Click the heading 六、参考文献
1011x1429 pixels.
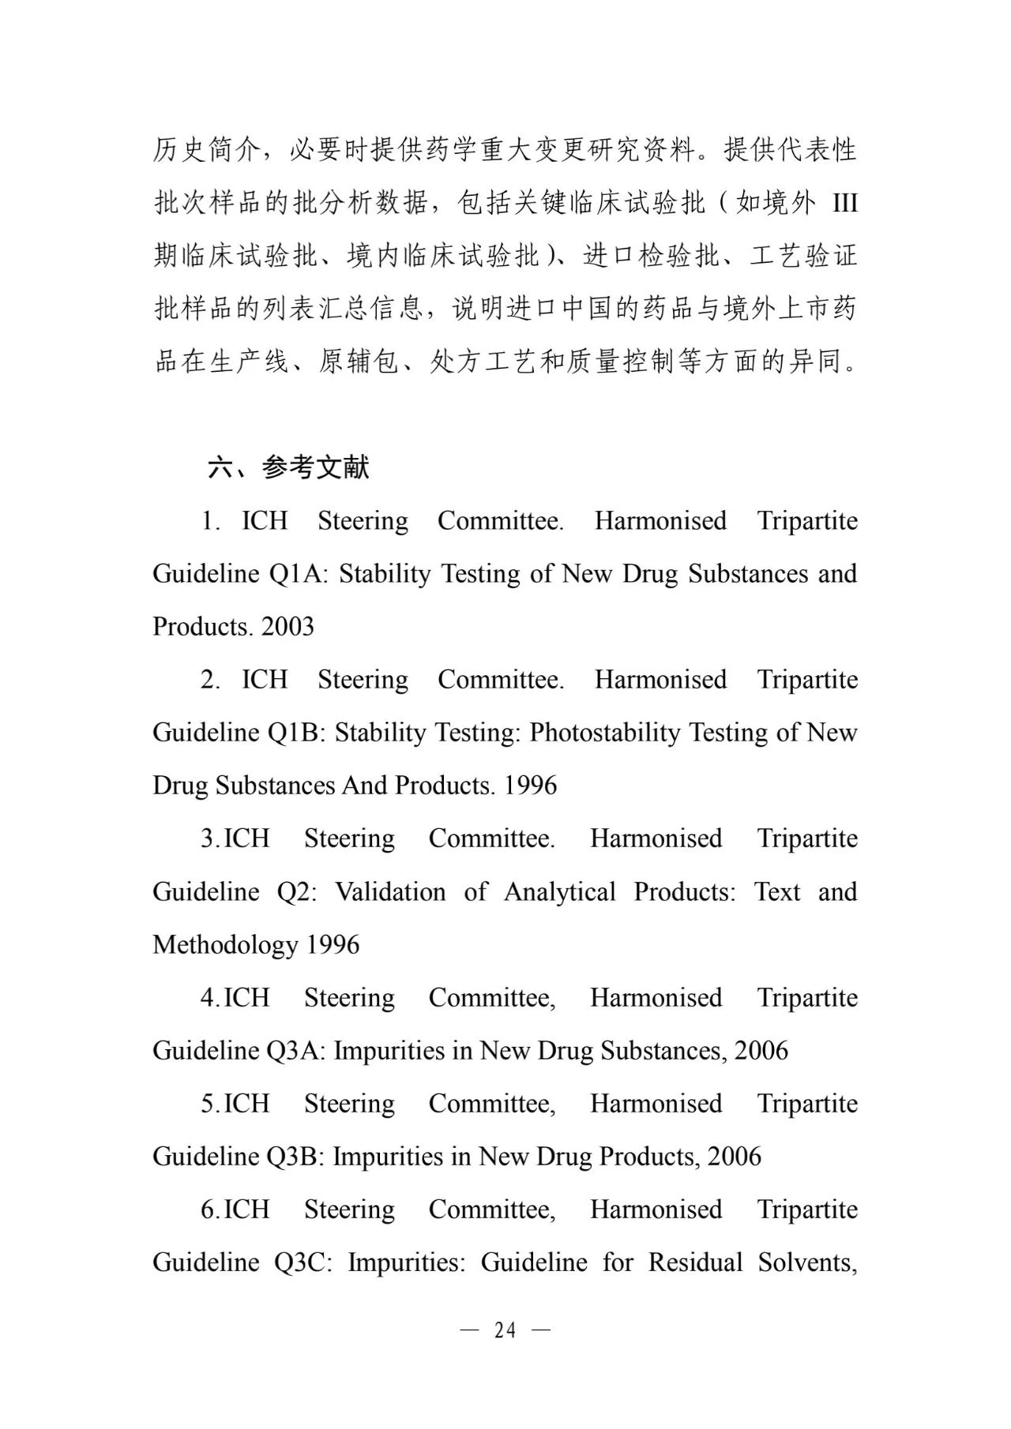288,467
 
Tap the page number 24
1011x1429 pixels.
505,1330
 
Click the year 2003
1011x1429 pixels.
288,627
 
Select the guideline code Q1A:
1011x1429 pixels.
298,574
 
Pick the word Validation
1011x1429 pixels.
390,892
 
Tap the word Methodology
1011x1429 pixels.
225,945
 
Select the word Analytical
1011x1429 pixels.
559,892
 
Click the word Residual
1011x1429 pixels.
695,1262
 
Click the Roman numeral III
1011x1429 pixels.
844,204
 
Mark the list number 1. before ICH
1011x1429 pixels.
210,521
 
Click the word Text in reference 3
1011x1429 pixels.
777,892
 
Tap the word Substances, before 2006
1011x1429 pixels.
663,1051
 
